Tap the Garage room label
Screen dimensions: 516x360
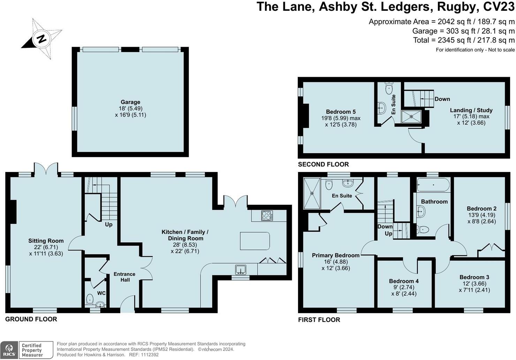(x=130, y=102)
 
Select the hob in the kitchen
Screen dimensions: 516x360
(x=267, y=216)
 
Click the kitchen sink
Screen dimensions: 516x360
(x=241, y=270)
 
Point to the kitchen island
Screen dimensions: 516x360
(x=255, y=241)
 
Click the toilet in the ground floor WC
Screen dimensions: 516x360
(x=90, y=299)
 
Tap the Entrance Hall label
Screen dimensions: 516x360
(x=124, y=277)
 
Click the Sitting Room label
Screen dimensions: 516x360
(x=46, y=241)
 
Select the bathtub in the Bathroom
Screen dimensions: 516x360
(x=433, y=185)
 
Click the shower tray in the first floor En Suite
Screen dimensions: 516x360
(x=312, y=193)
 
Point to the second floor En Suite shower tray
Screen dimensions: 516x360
(x=411, y=117)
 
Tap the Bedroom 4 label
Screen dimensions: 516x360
(x=404, y=281)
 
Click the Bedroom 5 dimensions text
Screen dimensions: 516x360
(x=341, y=121)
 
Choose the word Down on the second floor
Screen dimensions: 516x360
(x=442, y=99)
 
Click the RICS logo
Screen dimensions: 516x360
(x=9, y=350)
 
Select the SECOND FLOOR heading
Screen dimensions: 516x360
(x=324, y=164)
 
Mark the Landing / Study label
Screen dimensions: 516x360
(x=471, y=110)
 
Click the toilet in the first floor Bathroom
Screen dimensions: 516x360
(x=423, y=230)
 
